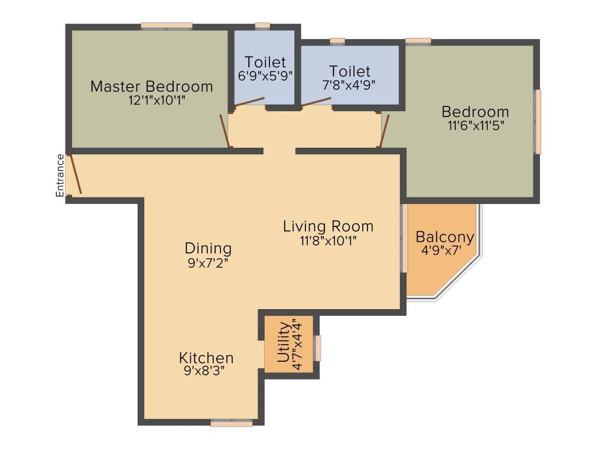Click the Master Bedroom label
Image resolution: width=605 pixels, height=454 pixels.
151,86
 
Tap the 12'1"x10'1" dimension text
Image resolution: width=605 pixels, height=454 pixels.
157,100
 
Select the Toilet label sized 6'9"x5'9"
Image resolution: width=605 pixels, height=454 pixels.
265,62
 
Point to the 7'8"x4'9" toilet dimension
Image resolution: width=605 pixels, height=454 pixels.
349,85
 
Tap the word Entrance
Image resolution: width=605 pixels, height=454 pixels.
60,175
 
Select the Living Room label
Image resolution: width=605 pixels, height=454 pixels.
328,226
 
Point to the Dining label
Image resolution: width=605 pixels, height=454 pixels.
208,248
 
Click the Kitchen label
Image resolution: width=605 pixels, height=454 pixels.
206,358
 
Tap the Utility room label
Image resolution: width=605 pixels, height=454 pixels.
284,342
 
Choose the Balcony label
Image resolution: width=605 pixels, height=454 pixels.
445,237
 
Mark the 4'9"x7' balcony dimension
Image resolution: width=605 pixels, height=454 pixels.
441,250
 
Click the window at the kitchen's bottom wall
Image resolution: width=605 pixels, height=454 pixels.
232,423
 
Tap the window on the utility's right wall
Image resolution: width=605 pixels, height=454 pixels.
317,348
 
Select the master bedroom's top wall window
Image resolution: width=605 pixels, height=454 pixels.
167,26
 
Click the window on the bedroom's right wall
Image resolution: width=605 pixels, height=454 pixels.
538,121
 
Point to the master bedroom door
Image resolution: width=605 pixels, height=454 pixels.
224,131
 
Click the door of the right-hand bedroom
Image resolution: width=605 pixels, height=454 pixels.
383,131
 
